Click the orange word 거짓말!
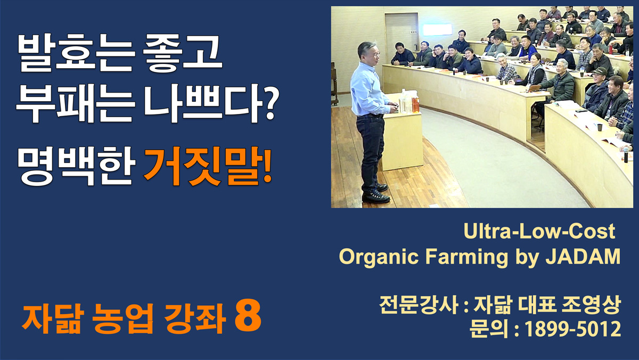click(x=208, y=166)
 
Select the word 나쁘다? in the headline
click(x=211, y=103)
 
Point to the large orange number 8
click(x=248, y=316)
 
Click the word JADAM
click(x=583, y=257)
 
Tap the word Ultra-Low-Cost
click(x=539, y=231)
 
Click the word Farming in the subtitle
click(x=466, y=258)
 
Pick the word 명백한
click(x=76, y=166)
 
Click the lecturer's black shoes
click(x=376, y=194)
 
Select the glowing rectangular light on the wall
click(x=437, y=30)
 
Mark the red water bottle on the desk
click(x=611, y=49)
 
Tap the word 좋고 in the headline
click(x=183, y=53)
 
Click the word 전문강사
click(x=419, y=305)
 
